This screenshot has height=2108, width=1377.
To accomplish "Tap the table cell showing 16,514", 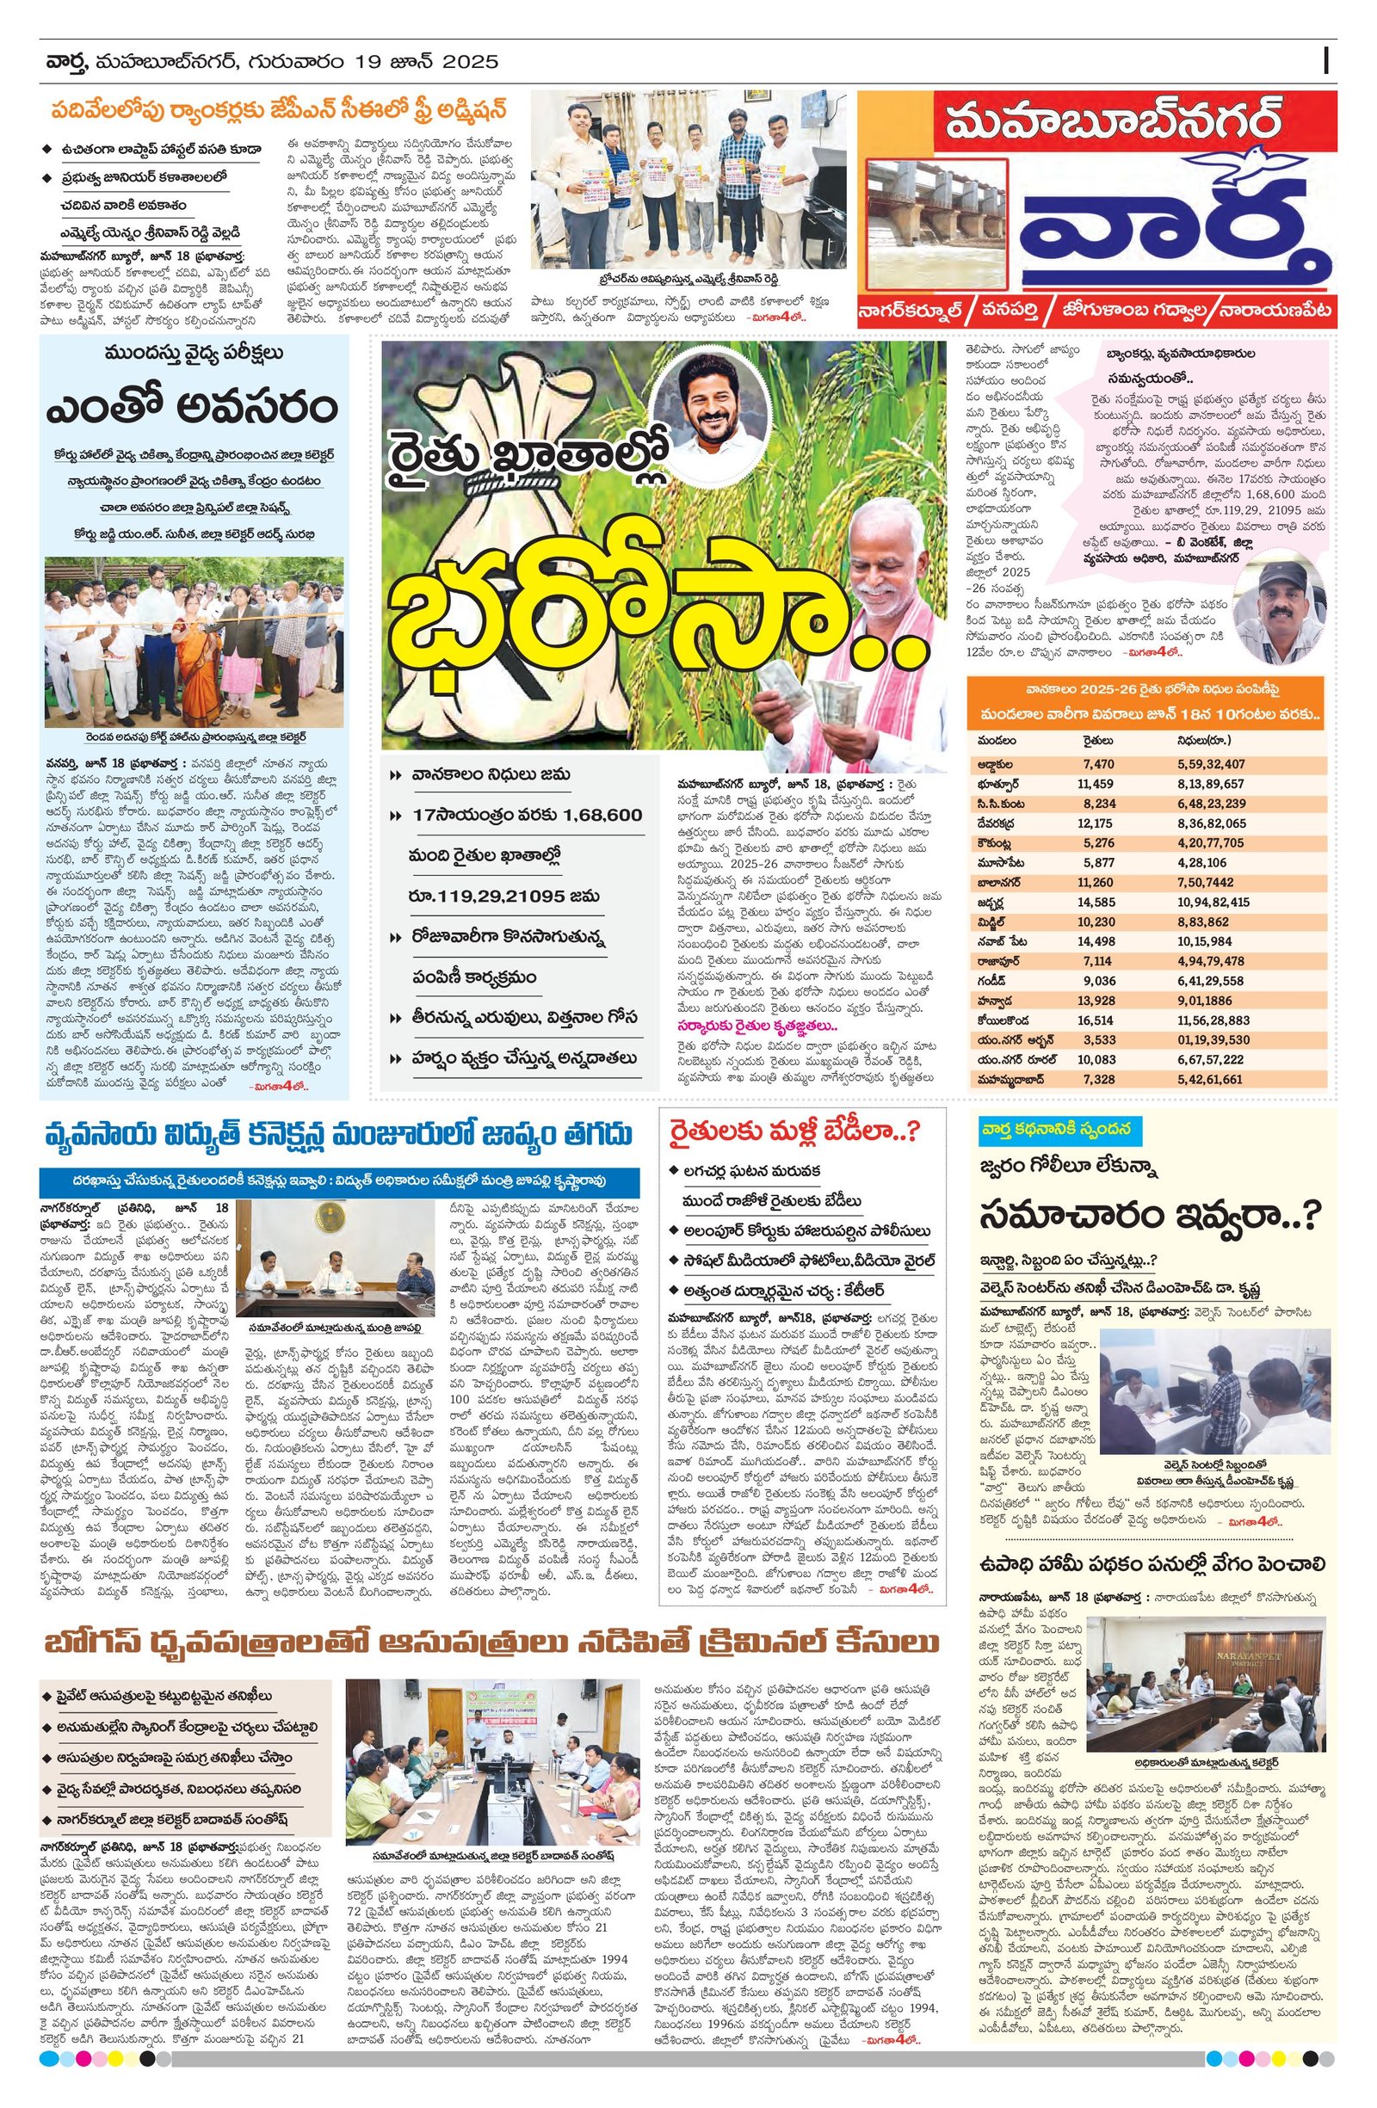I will [x=1096, y=1020].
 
